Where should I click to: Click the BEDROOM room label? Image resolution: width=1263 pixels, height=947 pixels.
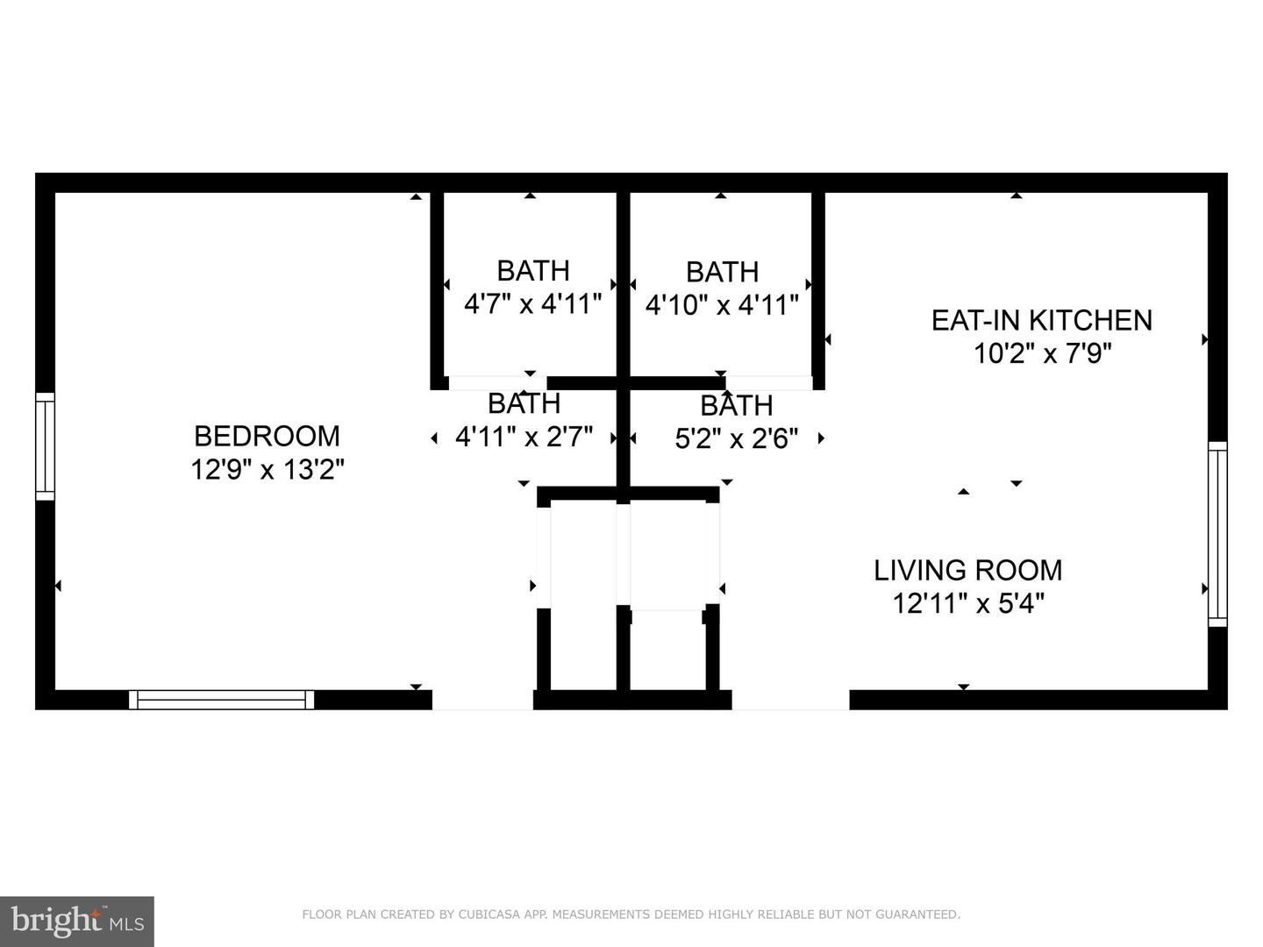pos(267,436)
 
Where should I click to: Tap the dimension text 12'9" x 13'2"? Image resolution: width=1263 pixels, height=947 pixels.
pos(267,470)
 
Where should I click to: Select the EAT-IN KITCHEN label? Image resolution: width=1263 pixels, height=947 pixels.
pos(1041,320)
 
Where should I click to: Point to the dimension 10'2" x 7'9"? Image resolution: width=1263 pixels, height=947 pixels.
pos(1042,353)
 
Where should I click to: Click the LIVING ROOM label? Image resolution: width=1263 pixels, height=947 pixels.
pos(967,571)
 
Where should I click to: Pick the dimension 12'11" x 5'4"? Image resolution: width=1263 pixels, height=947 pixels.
pos(967,604)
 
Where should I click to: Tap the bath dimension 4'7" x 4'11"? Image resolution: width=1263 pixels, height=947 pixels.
pos(532,304)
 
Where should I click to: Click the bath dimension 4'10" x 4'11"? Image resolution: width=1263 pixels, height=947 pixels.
pos(722,305)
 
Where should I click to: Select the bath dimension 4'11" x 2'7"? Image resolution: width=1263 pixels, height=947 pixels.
pos(524,437)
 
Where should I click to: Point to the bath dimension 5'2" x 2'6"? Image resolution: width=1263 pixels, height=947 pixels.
pos(736,438)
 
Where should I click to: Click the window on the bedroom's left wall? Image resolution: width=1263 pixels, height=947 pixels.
pos(45,446)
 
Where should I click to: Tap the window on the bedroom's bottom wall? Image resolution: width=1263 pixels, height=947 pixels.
pos(221,699)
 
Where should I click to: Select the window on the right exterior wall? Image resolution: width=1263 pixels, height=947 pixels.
pos(1217,534)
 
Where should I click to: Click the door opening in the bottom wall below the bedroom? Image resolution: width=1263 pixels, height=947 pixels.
pos(482,699)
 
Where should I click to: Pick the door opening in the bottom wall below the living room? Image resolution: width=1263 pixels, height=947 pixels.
pos(790,699)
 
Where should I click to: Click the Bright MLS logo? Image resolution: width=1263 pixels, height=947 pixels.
pos(77,921)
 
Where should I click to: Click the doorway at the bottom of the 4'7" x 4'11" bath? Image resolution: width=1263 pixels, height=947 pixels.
pos(497,382)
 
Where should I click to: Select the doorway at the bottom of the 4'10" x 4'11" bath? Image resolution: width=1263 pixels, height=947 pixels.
pos(768,382)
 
